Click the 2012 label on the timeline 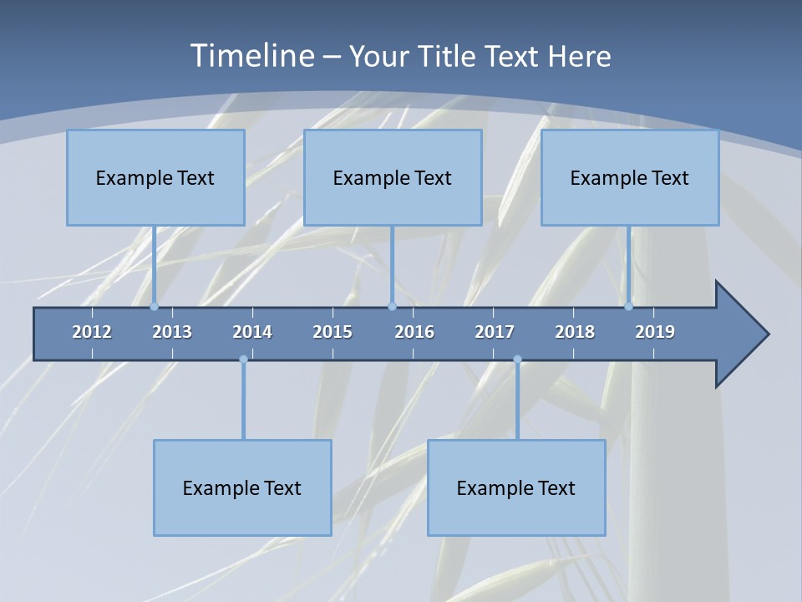click(92, 332)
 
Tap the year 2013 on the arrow click(172, 332)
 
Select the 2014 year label click(252, 332)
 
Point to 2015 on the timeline click(332, 332)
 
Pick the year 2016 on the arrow click(414, 332)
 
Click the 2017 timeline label click(495, 332)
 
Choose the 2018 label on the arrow click(575, 332)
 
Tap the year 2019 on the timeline click(655, 332)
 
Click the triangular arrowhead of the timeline click(740, 334)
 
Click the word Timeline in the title click(250, 56)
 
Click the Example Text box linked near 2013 click(155, 177)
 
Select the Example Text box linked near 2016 click(393, 177)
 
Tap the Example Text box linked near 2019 click(630, 177)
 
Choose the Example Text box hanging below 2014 click(242, 487)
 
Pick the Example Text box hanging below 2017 click(516, 487)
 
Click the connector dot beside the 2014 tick click(243, 360)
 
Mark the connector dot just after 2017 click(517, 360)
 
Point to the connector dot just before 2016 click(392, 306)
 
